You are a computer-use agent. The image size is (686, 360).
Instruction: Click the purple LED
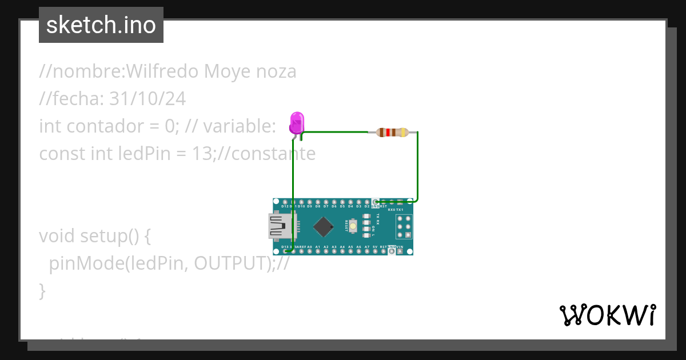coord(297,122)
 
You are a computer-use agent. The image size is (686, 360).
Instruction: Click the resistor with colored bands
coord(392,133)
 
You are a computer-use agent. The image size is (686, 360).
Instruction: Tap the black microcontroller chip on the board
coord(324,226)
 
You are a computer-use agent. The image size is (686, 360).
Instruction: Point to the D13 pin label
coord(285,247)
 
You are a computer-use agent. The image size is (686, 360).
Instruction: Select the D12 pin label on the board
coord(285,206)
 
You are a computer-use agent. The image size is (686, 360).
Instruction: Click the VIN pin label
coord(400,247)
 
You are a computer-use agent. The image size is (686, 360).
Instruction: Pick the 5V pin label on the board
coord(375,247)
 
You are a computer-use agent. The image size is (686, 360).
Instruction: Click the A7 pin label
coord(367,247)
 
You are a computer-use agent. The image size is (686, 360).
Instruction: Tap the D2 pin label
coord(367,206)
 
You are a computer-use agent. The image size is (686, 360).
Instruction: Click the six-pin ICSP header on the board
coord(405,227)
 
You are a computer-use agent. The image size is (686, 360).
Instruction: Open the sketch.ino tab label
coord(101,25)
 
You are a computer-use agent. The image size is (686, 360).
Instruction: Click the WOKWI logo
coord(607,315)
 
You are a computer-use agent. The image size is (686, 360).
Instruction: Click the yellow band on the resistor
coord(405,133)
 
